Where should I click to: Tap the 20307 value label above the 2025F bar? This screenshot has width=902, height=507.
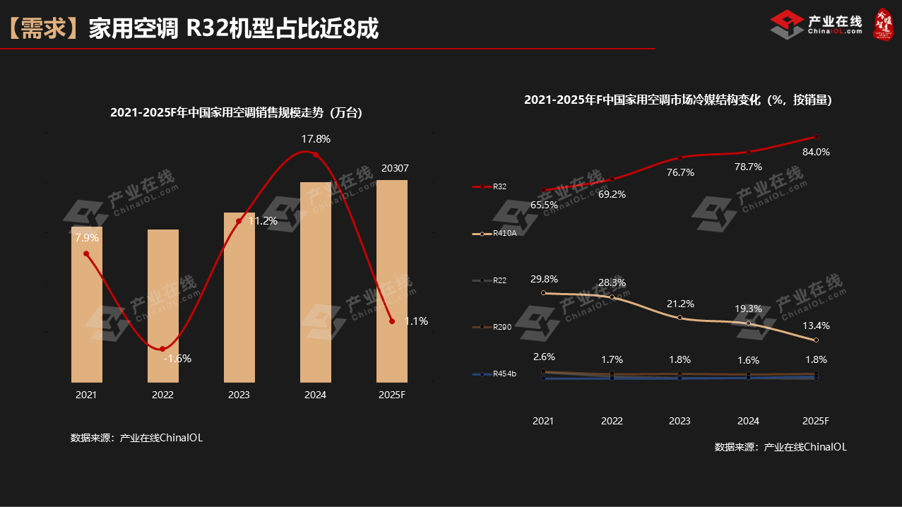pyautogui.click(x=395, y=168)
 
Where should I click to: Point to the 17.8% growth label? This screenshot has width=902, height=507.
pyautogui.click(x=316, y=138)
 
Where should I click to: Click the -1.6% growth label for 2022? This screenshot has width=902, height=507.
pyautogui.click(x=177, y=358)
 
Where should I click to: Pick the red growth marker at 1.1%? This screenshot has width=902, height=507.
pyautogui.click(x=392, y=321)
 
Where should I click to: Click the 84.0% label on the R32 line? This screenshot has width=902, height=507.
pyautogui.click(x=816, y=152)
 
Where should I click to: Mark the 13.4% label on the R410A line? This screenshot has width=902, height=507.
pyautogui.click(x=816, y=326)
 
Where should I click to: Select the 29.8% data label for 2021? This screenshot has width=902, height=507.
pyautogui.click(x=544, y=279)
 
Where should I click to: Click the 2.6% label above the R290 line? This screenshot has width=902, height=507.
pyautogui.click(x=544, y=357)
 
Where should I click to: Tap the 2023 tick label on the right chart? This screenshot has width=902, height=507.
pyautogui.click(x=680, y=421)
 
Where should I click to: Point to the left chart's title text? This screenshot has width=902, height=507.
pyautogui.click(x=236, y=112)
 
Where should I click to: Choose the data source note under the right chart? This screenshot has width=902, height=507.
pyautogui.click(x=781, y=446)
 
